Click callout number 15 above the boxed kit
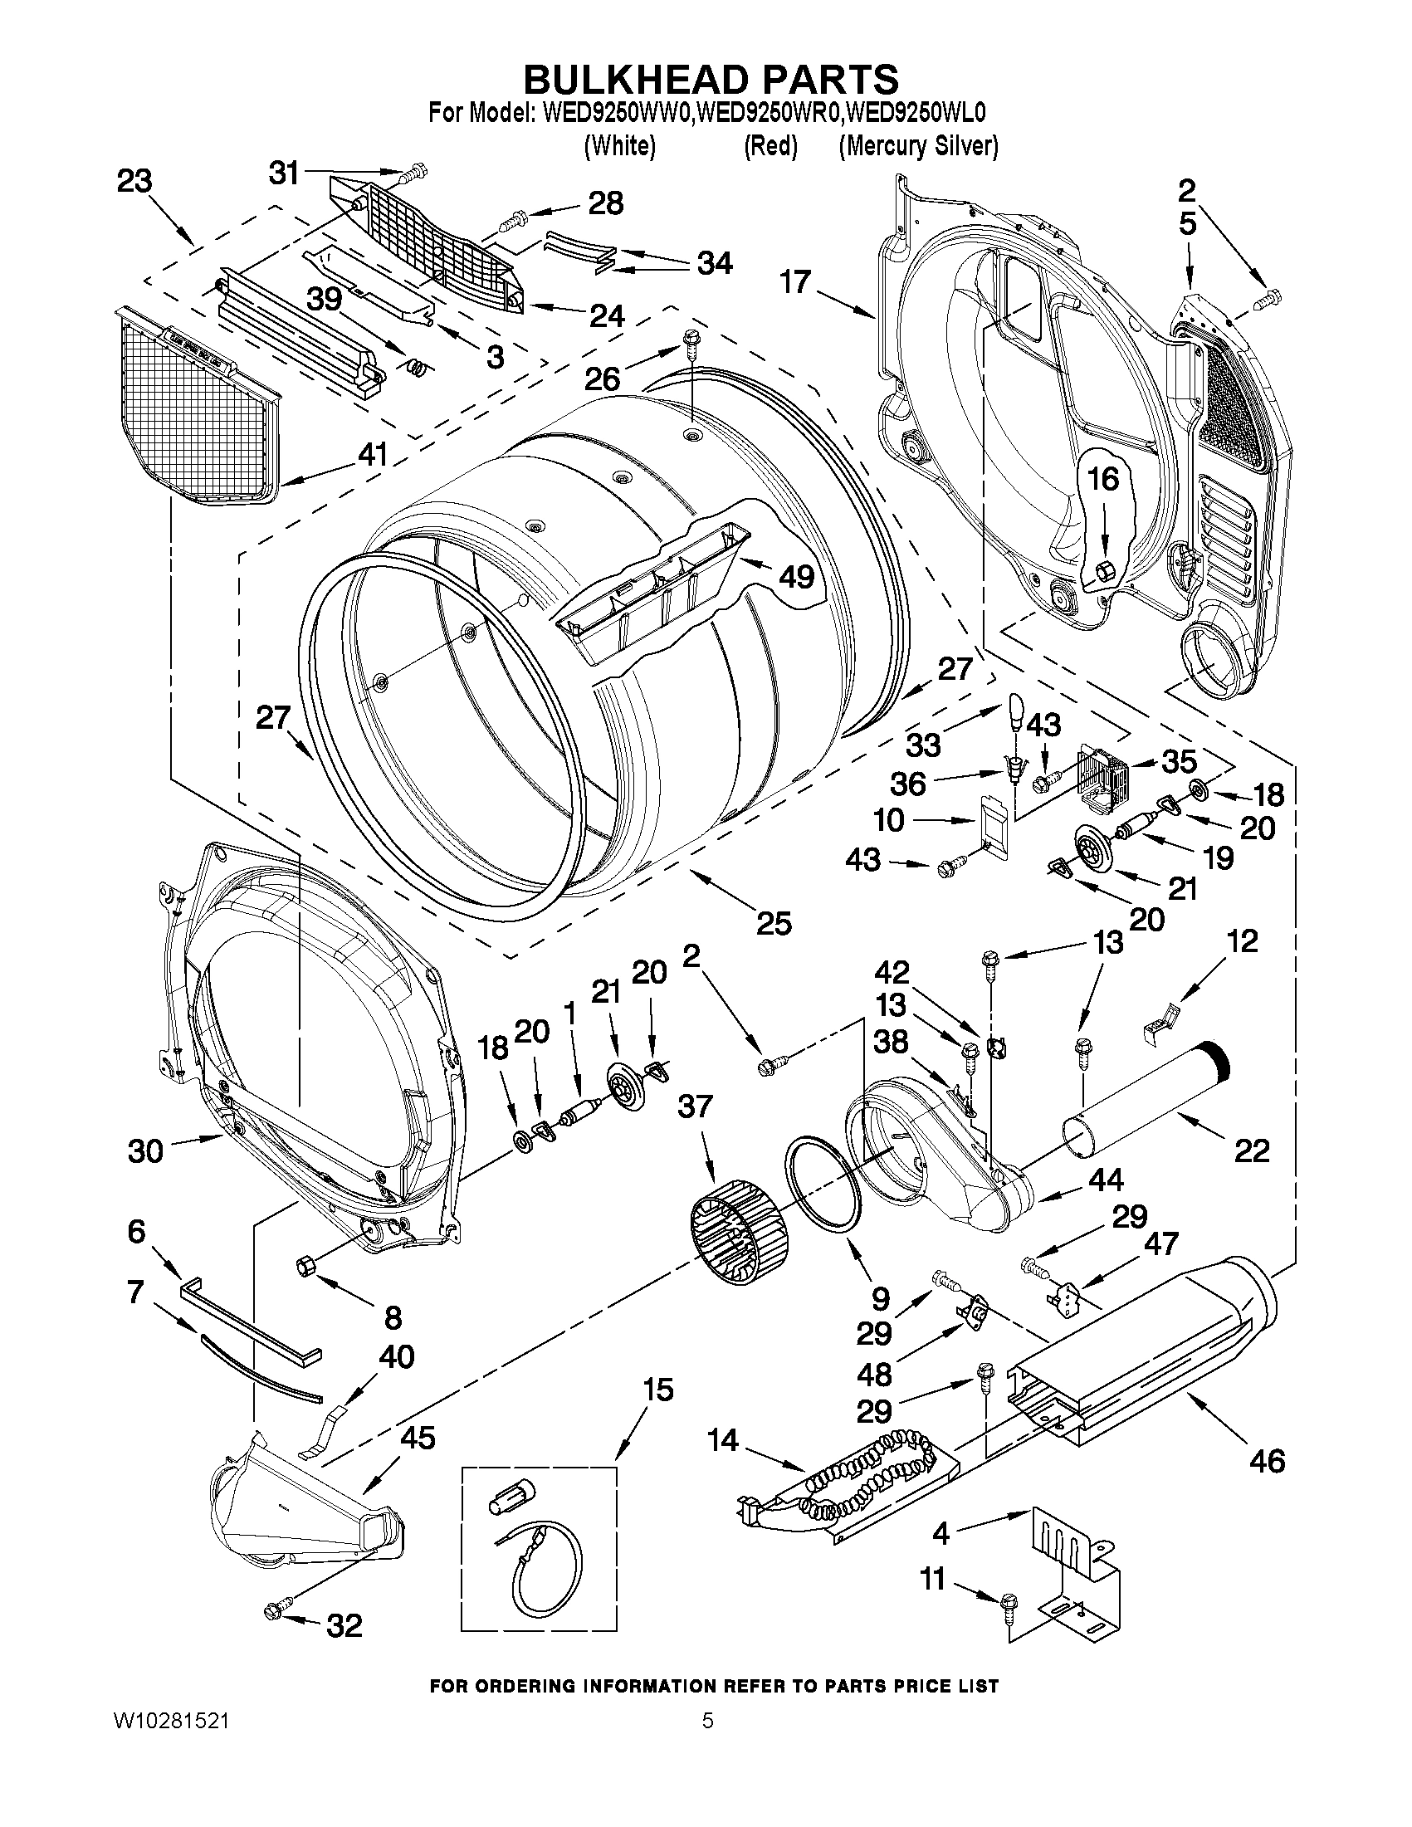tap(658, 1390)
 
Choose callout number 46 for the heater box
tap(1266, 1461)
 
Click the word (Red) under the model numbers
tap(770, 146)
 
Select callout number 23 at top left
tap(134, 181)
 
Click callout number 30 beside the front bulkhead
tap(145, 1151)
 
